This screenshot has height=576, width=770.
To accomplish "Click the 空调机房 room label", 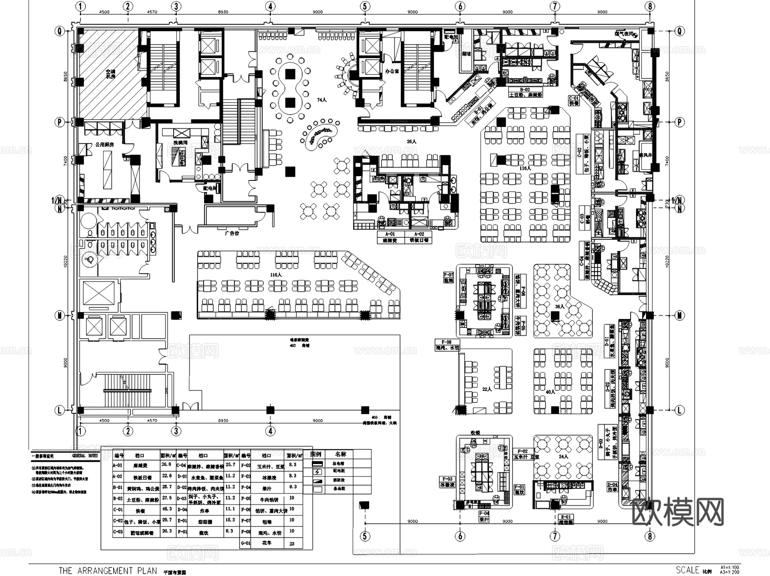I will [110, 74].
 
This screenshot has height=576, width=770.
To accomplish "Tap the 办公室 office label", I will [392, 71].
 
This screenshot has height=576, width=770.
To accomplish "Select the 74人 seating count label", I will [321, 100].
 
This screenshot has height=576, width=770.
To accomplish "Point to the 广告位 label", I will [231, 233].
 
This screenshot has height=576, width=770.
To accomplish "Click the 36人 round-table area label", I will [560, 307].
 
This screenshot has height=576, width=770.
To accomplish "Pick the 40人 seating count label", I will [550, 392].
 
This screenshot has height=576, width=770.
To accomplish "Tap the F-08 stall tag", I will [446, 342].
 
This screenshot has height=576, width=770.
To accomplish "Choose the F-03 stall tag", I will [447, 479].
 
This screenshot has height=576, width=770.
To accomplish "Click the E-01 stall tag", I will [566, 517].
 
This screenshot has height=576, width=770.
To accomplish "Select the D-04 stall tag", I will [613, 485].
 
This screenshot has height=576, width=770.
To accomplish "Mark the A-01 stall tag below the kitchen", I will [390, 234].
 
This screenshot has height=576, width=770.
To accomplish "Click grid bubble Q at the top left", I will [59, 31].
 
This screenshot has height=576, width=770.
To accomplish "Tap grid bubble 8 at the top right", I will [650, 6].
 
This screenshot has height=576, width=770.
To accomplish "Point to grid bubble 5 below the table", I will [365, 536].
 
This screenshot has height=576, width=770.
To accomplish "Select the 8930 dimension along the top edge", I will [223, 12].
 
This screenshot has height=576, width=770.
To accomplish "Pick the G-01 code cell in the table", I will [246, 543].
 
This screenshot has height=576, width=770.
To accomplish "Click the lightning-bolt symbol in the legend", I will [317, 472].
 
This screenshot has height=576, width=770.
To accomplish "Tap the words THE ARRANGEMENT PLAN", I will [108, 570].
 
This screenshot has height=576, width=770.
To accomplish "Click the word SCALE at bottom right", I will [687, 570].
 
